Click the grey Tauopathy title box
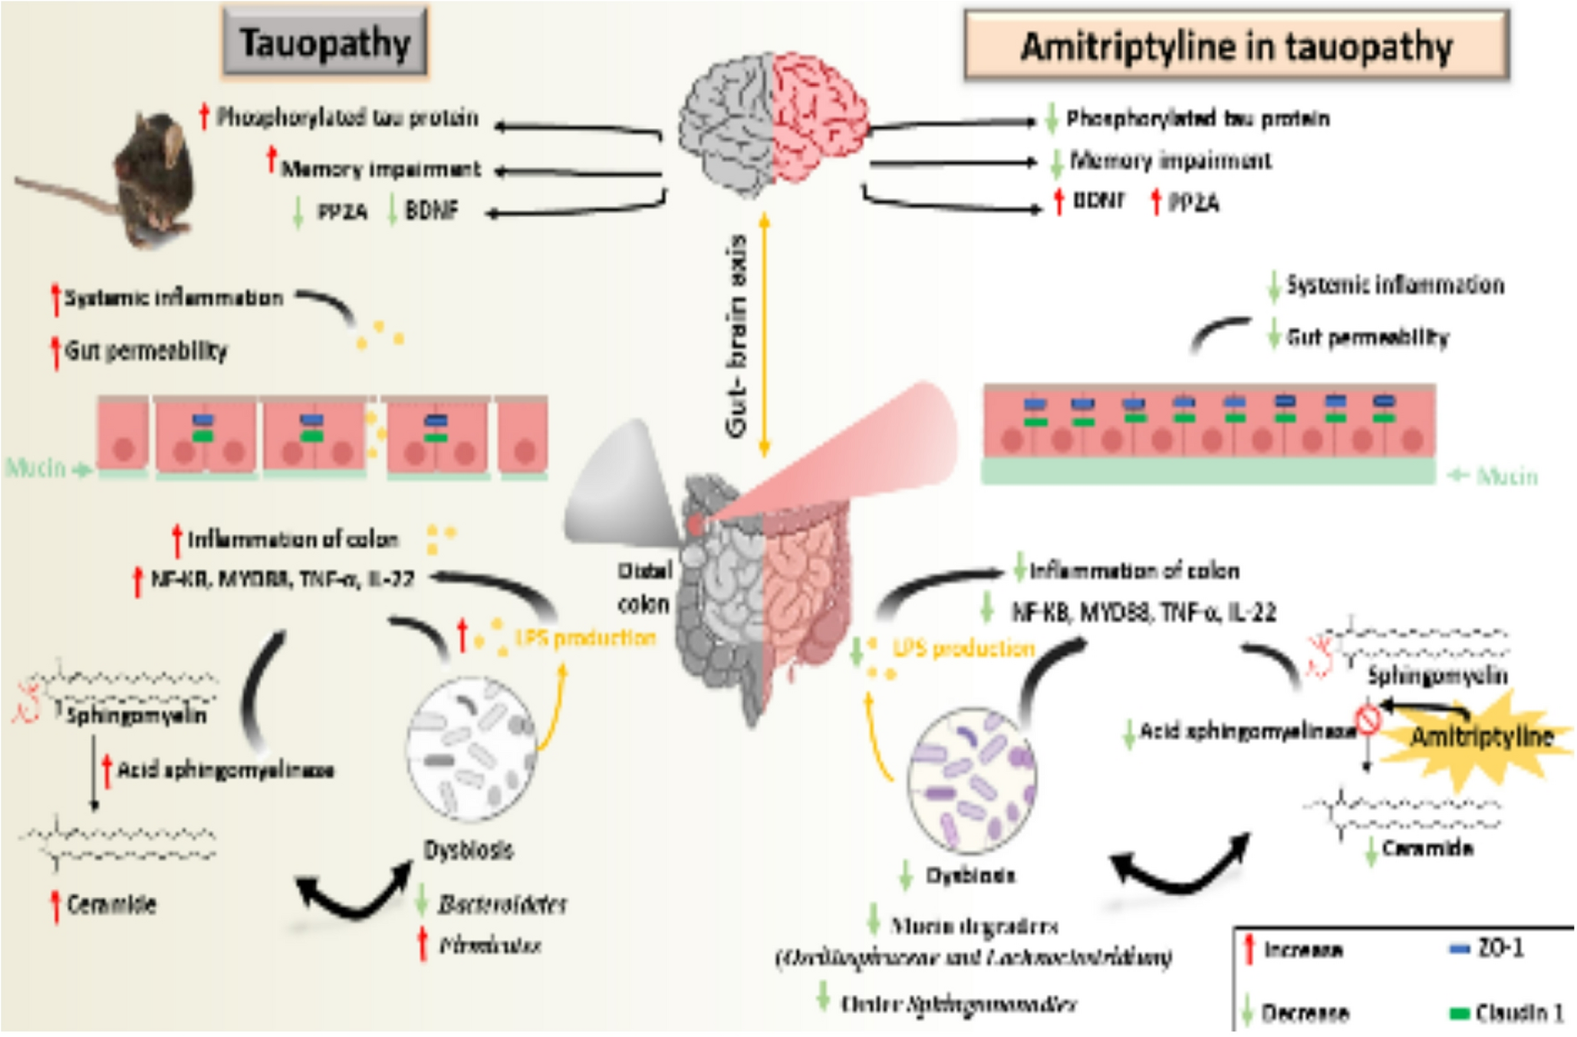click(324, 42)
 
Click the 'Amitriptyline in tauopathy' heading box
click(1236, 46)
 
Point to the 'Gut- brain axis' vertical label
click(737, 337)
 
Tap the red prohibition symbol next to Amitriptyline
click(1368, 719)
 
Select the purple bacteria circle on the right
click(972, 780)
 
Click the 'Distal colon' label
click(644, 588)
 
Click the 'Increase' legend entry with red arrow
click(1296, 950)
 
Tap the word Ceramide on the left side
click(111, 904)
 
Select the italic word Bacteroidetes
click(502, 904)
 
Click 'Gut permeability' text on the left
click(146, 351)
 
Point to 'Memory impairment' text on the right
click(1170, 161)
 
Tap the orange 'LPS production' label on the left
click(585, 637)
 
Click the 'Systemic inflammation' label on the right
click(1394, 285)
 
